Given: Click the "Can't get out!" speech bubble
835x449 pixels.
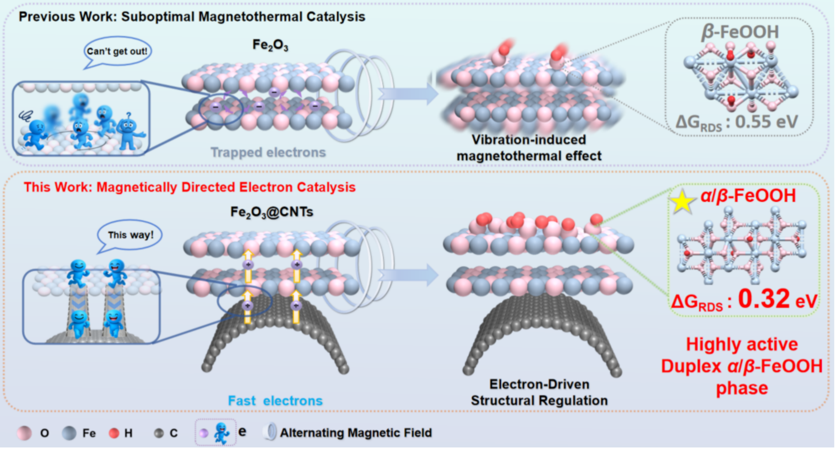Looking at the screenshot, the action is tap(117, 52).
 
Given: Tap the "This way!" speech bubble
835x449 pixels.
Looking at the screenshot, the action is tap(130, 235).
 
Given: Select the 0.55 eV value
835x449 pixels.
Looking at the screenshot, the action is tap(766, 122).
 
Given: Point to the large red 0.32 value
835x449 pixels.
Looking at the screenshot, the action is tap(764, 299).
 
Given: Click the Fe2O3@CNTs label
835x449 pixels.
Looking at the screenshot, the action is tap(272, 212).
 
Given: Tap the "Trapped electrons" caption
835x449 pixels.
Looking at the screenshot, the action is tap(268, 153).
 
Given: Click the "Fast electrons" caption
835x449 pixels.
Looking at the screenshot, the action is tap(275, 401).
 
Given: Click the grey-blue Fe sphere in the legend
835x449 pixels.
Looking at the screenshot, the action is tap(69, 433).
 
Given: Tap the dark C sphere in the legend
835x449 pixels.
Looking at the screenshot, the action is tap(159, 434).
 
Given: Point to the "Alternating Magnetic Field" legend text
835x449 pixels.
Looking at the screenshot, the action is tap(356, 433).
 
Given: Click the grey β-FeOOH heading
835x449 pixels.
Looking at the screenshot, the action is tap(740, 32).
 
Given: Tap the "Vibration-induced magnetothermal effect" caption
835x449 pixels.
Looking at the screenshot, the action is tap(529, 148).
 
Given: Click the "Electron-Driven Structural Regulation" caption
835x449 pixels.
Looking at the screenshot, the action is tap(539, 392).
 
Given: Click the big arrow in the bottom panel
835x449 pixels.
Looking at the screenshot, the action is tap(408, 275).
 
